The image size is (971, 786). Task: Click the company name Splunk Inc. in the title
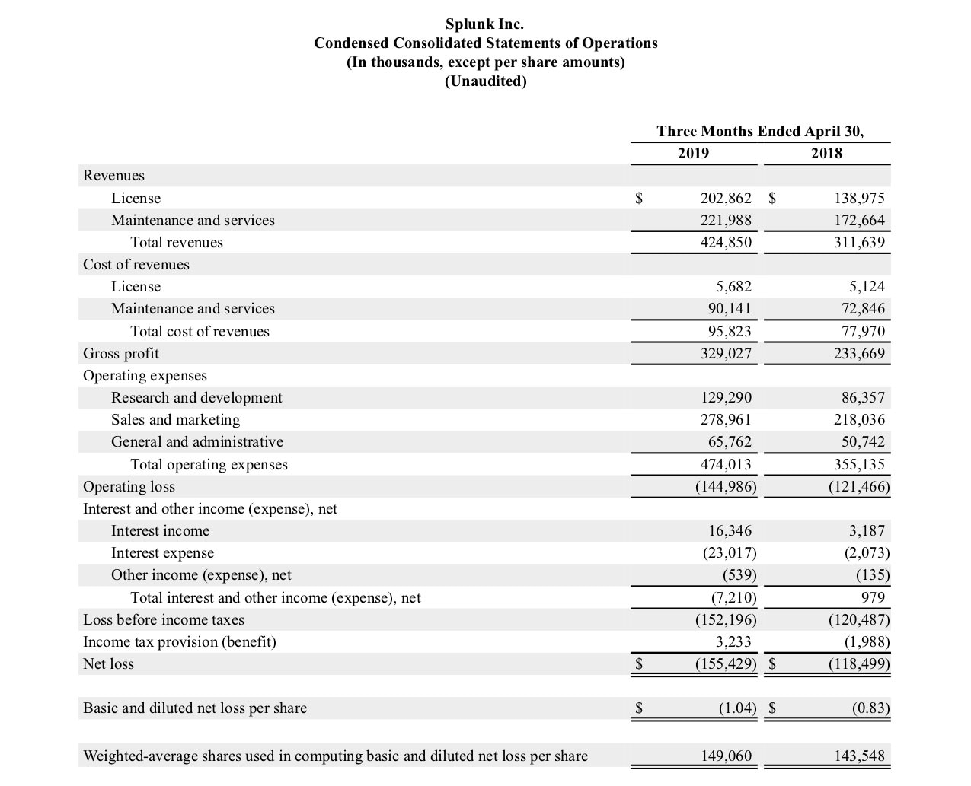(x=484, y=24)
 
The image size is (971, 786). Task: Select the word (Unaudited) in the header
(x=485, y=81)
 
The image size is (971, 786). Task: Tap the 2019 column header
(x=693, y=153)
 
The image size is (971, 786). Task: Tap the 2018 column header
(x=826, y=153)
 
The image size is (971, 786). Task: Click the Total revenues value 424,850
(x=726, y=242)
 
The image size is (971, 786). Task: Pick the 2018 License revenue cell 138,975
(x=859, y=198)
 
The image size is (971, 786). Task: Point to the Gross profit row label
(x=121, y=353)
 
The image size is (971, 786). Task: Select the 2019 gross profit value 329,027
(x=726, y=353)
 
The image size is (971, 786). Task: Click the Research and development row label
(x=196, y=397)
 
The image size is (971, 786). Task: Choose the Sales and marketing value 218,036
(x=859, y=419)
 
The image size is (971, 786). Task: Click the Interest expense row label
(x=162, y=552)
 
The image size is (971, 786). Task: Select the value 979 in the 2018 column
(x=873, y=597)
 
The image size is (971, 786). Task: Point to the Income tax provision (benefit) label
(x=180, y=641)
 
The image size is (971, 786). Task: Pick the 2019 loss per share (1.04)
(x=737, y=708)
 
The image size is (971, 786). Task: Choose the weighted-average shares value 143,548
(x=859, y=756)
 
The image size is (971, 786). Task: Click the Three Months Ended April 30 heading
(x=760, y=131)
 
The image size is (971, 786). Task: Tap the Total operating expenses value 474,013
(x=726, y=464)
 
